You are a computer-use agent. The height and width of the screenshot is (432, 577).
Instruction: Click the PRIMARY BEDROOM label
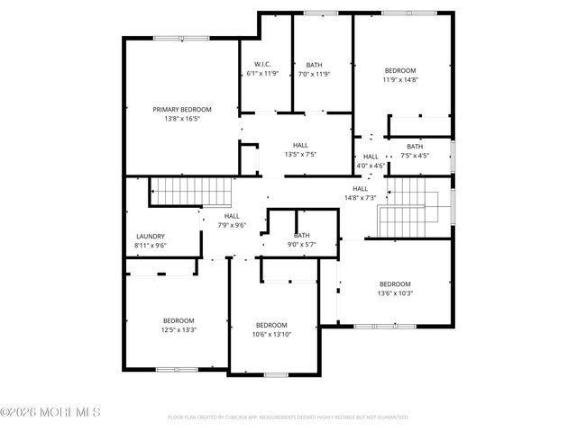tap(182, 109)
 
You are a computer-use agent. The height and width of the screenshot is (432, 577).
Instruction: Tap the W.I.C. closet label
tap(262, 64)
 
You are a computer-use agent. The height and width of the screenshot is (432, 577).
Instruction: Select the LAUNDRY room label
tap(151, 236)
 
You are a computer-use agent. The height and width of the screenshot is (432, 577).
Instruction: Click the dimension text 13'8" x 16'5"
tap(182, 119)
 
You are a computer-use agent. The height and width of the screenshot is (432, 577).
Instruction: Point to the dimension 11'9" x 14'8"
tap(400, 80)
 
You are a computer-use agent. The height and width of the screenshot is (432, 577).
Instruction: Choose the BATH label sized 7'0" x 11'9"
tap(314, 64)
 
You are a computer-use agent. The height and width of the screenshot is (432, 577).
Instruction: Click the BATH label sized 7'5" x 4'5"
tap(414, 146)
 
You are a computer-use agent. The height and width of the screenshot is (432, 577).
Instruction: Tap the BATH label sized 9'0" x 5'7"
tap(301, 235)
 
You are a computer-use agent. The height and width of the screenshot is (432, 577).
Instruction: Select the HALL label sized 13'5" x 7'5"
tap(300, 145)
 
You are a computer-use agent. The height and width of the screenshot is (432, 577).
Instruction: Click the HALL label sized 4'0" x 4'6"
tap(371, 157)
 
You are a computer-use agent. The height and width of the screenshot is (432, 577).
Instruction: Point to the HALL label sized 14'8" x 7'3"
tap(360, 188)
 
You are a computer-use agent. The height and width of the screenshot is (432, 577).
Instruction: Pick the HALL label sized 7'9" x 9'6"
tap(232, 216)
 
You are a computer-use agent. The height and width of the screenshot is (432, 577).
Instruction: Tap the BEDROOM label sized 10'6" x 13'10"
tap(271, 325)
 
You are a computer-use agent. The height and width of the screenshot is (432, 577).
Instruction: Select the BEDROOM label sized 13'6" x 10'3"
tap(394, 283)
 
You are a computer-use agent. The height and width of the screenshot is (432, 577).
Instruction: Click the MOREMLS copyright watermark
tap(51, 412)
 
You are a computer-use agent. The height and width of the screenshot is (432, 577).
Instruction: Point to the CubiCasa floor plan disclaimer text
tap(288, 418)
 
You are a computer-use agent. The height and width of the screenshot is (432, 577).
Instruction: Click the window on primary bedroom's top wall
tap(182, 38)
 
